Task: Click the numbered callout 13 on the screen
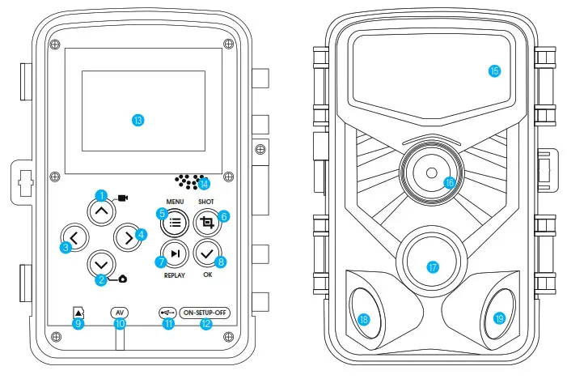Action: pyautogui.click(x=138, y=120)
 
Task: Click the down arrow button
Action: pyautogui.click(x=101, y=264)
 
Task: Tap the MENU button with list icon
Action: pyautogui.click(x=176, y=220)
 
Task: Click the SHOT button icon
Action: pyautogui.click(x=208, y=221)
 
